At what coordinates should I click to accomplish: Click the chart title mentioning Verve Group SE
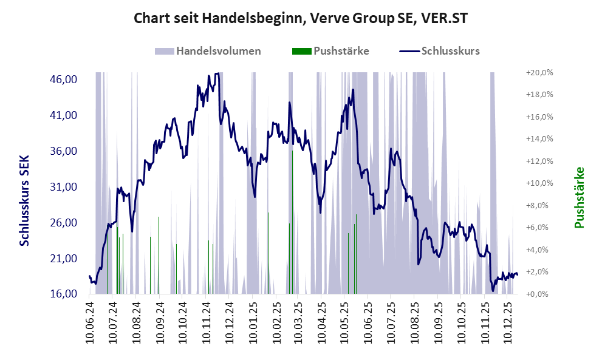pos(301,19)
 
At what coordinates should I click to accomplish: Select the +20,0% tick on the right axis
pos(539,72)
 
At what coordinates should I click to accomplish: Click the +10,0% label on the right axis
pos(539,183)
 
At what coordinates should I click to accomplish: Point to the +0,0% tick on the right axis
pos(539,294)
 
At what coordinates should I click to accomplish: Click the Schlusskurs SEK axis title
pos(24,200)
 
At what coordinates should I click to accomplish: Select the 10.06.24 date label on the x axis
pos(90,322)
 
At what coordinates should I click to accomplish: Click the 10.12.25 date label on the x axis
pos(510,322)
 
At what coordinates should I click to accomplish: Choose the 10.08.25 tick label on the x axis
pos(416,322)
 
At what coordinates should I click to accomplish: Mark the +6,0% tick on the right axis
pos(539,228)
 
